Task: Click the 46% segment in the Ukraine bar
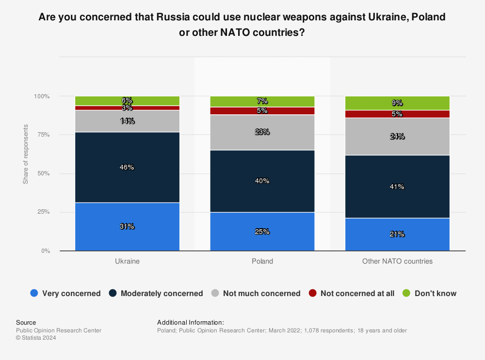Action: (127, 167)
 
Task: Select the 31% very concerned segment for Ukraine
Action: (127, 226)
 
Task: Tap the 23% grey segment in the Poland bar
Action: (262, 132)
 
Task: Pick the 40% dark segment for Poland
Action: (262, 181)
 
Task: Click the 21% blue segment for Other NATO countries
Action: (397, 234)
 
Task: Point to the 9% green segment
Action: (397, 103)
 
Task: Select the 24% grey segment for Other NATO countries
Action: (397, 136)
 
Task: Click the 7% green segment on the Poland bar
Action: (262, 101)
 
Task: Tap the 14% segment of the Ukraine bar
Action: (127, 121)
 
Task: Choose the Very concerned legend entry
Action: (65, 293)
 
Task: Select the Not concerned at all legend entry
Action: (352, 293)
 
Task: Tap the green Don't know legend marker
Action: (407, 293)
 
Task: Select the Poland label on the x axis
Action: (262, 261)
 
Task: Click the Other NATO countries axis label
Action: (397, 261)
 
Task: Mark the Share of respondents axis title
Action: (25, 154)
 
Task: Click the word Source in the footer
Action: (26, 322)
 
